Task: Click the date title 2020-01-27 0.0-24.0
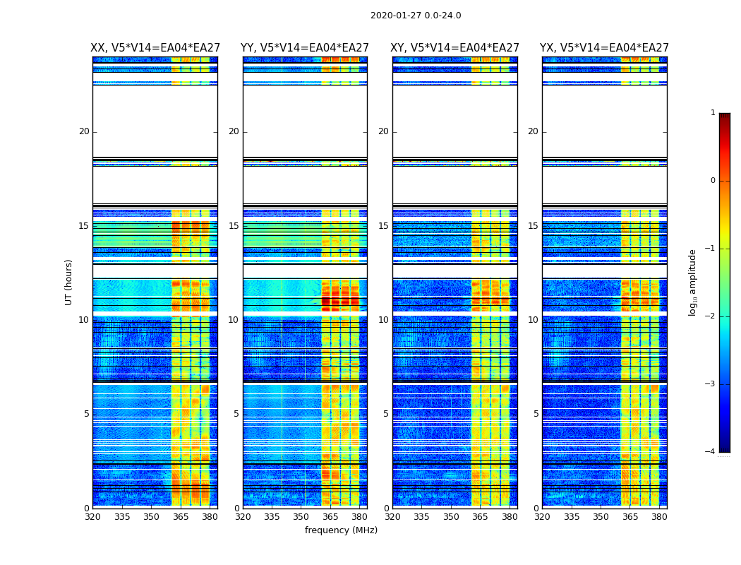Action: (x=416, y=16)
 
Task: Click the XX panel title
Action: (x=155, y=48)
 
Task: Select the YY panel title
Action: (x=305, y=48)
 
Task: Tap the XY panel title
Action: (x=455, y=48)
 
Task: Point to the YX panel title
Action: (x=604, y=48)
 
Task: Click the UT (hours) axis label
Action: (x=69, y=282)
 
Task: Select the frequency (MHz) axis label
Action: (x=341, y=530)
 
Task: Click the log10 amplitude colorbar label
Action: (x=693, y=282)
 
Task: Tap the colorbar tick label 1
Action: (x=713, y=113)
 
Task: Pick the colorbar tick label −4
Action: (x=711, y=452)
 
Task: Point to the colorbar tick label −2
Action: (x=711, y=316)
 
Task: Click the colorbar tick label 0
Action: (x=713, y=181)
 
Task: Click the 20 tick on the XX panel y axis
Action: (x=84, y=131)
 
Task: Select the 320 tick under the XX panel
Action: (x=92, y=517)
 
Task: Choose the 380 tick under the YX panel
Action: (x=659, y=517)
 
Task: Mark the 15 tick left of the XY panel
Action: (x=383, y=226)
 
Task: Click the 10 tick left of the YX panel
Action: (x=533, y=320)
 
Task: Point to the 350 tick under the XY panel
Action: (x=451, y=517)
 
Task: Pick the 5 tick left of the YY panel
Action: (x=236, y=414)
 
